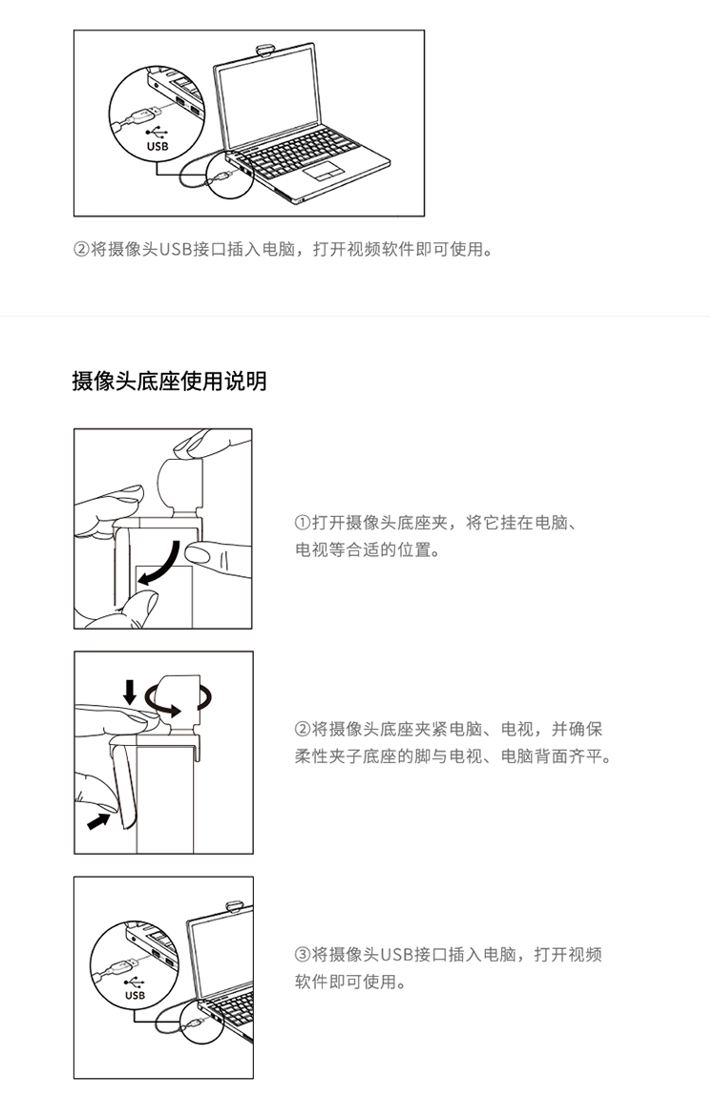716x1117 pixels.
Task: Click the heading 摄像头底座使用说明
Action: click(170, 382)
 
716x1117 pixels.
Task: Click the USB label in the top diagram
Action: click(158, 146)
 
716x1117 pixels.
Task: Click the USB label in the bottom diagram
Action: click(135, 995)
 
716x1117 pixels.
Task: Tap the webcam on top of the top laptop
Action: click(264, 51)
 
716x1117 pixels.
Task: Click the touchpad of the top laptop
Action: click(323, 171)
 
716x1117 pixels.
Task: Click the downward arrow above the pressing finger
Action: click(129, 692)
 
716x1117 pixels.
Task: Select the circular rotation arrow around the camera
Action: click(179, 696)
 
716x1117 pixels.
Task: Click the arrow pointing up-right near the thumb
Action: click(97, 820)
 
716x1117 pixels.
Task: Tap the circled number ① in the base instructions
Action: click(303, 523)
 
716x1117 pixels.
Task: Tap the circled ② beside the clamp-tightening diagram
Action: click(303, 729)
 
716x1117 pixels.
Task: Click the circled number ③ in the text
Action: click(303, 955)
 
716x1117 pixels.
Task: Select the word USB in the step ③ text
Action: click(396, 955)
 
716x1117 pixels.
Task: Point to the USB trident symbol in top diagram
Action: click(157, 132)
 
